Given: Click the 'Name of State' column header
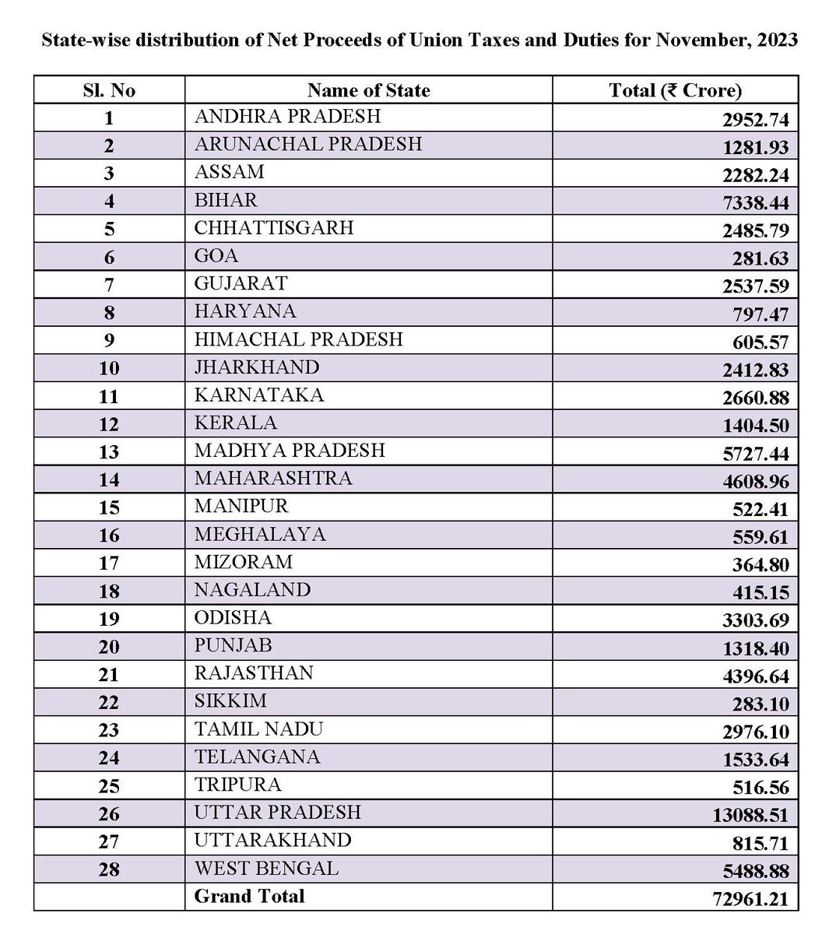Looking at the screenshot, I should [x=368, y=90].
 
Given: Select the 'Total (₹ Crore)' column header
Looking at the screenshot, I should [x=675, y=90].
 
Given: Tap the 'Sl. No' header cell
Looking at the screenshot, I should [x=109, y=90].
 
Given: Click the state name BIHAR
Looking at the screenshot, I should [x=226, y=200].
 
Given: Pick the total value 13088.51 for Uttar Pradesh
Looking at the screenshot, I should [x=750, y=815].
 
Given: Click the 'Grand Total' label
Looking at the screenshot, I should [x=249, y=896].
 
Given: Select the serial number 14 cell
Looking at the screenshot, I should [x=109, y=480].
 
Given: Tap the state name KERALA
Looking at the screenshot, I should [x=236, y=423].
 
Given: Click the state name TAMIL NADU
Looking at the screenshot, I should [x=258, y=729].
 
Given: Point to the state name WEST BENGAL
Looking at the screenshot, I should [x=266, y=868].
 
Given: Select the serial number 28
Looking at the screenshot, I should [x=109, y=869].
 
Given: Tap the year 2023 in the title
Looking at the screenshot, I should [x=773, y=40].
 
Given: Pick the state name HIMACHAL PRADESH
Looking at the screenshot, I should [x=299, y=339].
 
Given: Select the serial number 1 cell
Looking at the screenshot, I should [x=109, y=118].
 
